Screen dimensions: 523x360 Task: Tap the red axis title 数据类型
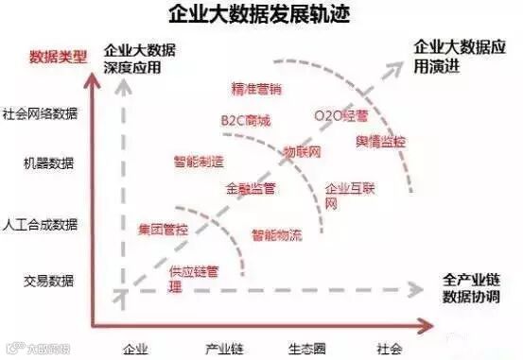[x=59, y=57]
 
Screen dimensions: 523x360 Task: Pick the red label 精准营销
[x=256, y=89]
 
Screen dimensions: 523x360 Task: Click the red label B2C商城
[x=245, y=120]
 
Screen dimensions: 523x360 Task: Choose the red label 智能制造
[x=198, y=160]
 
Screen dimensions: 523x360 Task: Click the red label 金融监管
[x=251, y=188]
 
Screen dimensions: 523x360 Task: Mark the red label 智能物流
[x=276, y=233]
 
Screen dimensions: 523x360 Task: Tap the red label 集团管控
[x=163, y=229]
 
